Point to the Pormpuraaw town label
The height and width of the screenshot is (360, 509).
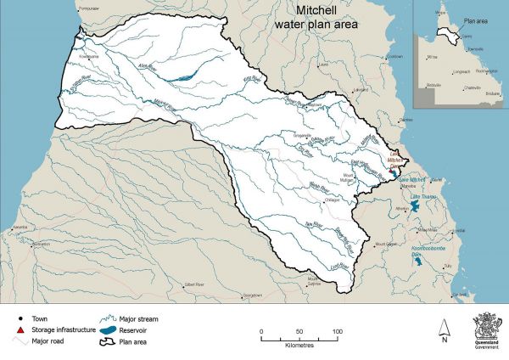(88, 7)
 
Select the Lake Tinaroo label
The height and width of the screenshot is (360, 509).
(422, 198)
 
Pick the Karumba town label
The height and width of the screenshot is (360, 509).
(19, 228)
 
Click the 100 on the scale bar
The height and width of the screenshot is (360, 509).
(337, 330)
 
